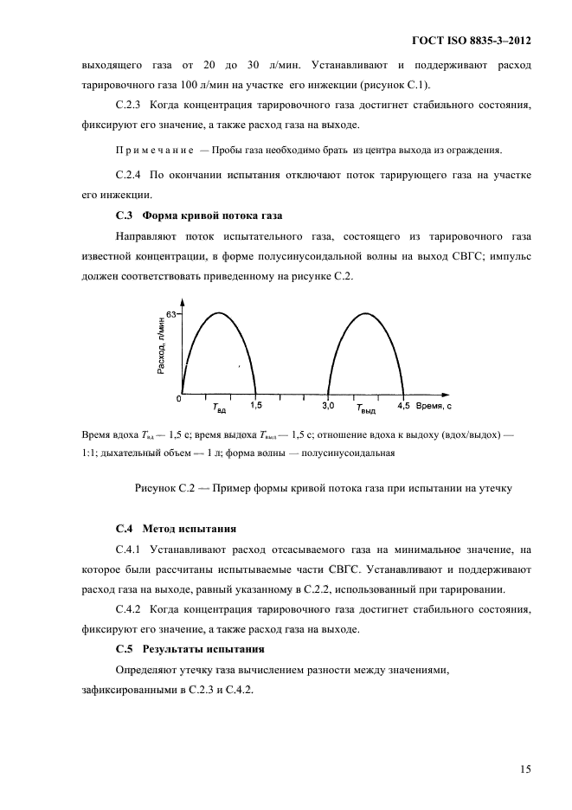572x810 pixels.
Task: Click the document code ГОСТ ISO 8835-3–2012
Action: point(469,41)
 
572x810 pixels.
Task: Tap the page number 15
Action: point(525,768)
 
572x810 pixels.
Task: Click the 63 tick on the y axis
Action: point(171,315)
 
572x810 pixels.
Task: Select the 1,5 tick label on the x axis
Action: point(257,404)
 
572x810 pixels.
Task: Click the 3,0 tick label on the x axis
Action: point(328,404)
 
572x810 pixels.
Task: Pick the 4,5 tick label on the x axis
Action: point(403,404)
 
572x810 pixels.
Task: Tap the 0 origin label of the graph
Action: point(178,400)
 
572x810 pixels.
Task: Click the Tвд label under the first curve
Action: point(219,406)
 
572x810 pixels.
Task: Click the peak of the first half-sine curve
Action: point(219,312)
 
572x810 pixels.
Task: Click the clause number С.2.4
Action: point(132,175)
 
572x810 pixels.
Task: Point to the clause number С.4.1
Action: point(132,549)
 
